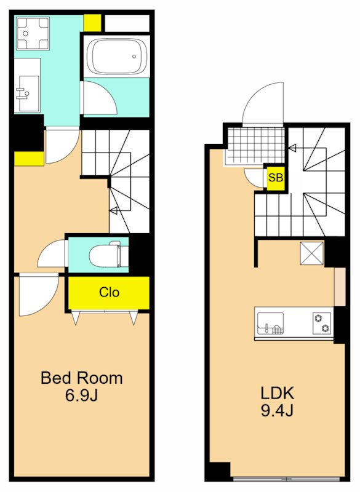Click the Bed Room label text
tap(81, 378)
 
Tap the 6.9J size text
tap(81, 395)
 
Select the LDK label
tap(278, 394)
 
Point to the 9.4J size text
tap(278, 411)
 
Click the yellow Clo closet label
tap(109, 293)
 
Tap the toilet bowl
tap(104, 253)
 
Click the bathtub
tap(115, 57)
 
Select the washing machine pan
tap(33, 33)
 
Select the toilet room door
tap(52, 253)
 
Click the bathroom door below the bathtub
tap(98, 98)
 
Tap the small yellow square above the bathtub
tap(92, 22)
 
